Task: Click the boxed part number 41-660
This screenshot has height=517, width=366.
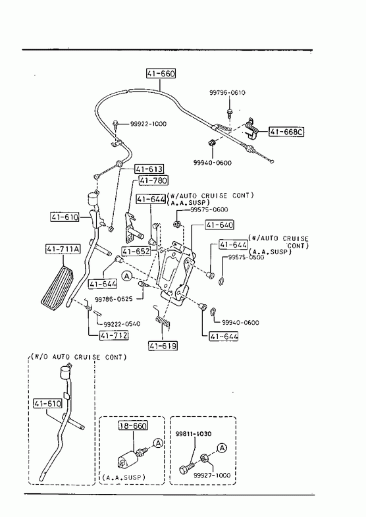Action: click(161, 73)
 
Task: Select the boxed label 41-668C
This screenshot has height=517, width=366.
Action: click(286, 132)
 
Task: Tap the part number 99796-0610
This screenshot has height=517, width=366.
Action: click(227, 93)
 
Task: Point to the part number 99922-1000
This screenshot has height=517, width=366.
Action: click(148, 124)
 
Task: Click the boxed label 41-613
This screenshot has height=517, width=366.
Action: click(149, 169)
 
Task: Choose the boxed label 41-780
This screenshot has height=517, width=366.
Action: click(153, 180)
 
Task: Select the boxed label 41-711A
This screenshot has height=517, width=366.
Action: click(63, 249)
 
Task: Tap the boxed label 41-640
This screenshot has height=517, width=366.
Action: click(220, 225)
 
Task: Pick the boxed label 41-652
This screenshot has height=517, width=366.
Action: click(136, 252)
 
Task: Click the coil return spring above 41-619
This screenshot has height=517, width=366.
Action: click(162, 317)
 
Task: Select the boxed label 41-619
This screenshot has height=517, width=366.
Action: click(163, 346)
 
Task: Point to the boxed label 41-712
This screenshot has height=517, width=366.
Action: click(114, 336)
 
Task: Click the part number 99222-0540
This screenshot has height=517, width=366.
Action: click(122, 324)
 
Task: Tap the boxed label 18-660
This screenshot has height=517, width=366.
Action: click(133, 425)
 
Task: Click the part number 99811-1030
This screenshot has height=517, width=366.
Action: click(194, 434)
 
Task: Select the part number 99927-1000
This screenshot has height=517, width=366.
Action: click(212, 475)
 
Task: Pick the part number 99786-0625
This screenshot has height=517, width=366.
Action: click(114, 299)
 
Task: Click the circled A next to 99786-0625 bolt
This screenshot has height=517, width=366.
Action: click(127, 276)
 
